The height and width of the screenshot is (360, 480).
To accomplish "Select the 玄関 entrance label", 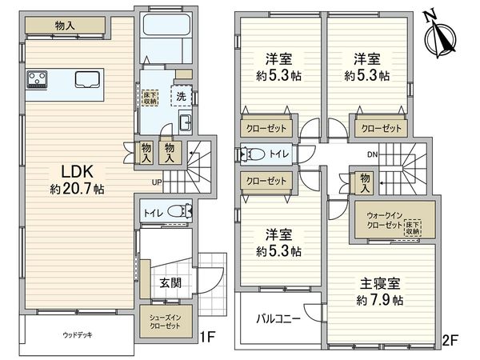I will pyautogui.click(x=170, y=282).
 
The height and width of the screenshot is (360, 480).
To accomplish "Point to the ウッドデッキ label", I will pyautogui.click(x=77, y=334).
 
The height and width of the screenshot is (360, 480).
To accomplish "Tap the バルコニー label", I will pyautogui.click(x=278, y=318).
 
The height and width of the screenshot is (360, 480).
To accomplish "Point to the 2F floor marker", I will pyautogui.click(x=450, y=340).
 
